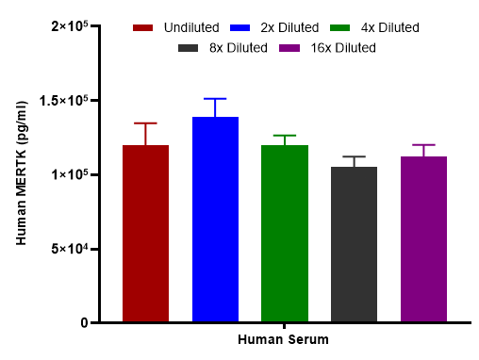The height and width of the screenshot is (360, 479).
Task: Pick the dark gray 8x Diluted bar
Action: [x=354, y=244]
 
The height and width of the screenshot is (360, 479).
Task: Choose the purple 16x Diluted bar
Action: [x=423, y=239]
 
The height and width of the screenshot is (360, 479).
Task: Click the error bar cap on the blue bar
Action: [x=215, y=99]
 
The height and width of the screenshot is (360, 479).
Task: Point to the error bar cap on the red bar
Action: [x=146, y=123]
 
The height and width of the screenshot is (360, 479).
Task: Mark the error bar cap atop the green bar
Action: [x=285, y=136]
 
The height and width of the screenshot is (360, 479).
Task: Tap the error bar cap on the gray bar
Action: [x=354, y=156]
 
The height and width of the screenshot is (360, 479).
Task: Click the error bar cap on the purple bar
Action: [x=423, y=145]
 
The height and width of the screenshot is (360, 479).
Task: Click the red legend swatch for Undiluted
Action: [x=143, y=28]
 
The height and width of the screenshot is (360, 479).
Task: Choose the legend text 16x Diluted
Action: [x=342, y=47]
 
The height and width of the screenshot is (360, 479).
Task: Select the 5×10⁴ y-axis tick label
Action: [x=68, y=249]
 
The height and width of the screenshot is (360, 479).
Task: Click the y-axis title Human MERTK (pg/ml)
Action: [x=21, y=174]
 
